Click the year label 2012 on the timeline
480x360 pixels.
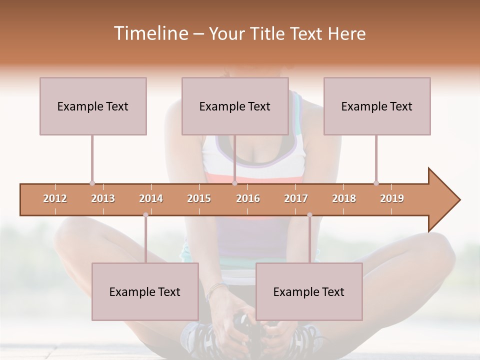coord(55,198)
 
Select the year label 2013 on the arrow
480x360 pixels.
coord(103,198)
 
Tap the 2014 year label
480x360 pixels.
coord(151,198)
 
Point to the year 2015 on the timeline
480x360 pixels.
coord(199,198)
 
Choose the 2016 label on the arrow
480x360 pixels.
coord(248,198)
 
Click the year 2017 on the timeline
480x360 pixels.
coord(296,198)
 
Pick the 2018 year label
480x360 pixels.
coord(344,198)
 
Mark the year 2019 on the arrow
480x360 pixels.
coord(392,198)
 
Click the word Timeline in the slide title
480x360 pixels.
coord(149,33)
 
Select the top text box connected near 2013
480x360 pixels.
coord(93,106)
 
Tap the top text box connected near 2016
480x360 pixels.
coord(235,106)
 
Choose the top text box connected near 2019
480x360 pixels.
coord(377,106)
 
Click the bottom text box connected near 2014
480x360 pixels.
coord(145,291)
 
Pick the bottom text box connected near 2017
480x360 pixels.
coord(309,291)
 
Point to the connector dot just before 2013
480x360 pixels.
coord(92,183)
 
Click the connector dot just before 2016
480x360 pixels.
coord(234,183)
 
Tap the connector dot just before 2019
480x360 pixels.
coord(376,183)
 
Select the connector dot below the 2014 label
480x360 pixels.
coord(145,215)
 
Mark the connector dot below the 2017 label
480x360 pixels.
coord(309,215)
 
